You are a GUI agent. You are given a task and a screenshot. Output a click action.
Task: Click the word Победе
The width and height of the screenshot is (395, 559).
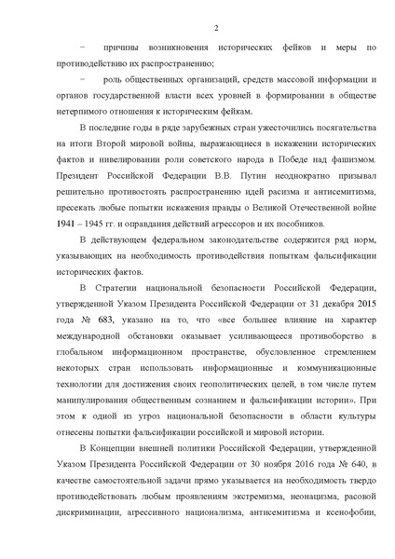click(x=289, y=179)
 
